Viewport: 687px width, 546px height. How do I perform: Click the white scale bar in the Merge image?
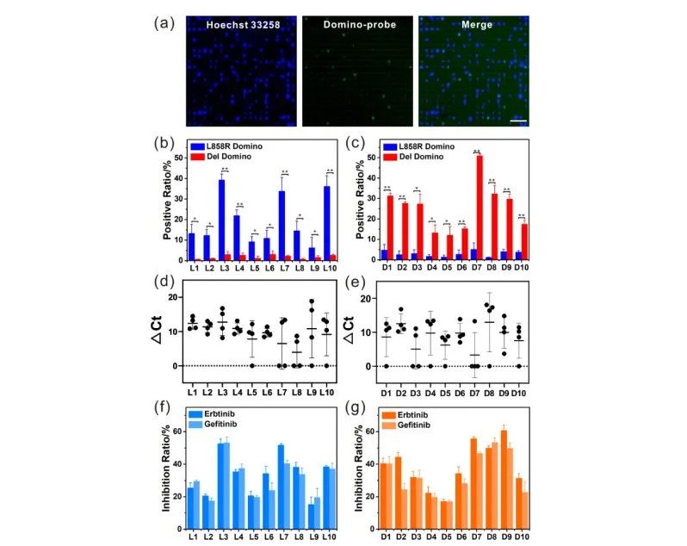pos(517,120)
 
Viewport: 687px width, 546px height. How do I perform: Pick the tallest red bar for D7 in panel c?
pos(480,208)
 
